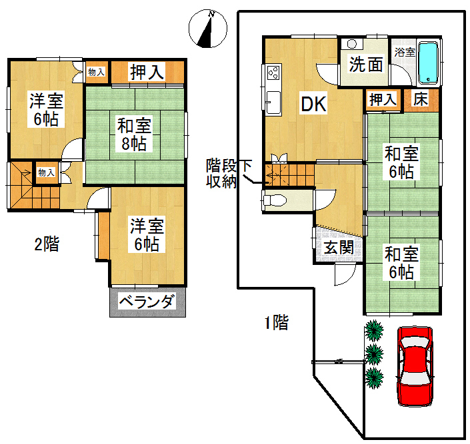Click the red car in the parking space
415,366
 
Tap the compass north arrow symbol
208,29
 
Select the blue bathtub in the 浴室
429,63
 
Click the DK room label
313,104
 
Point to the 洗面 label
366,64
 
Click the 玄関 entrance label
339,248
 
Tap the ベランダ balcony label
147,301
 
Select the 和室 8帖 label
134,134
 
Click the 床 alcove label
421,100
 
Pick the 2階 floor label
47,244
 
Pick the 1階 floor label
277,322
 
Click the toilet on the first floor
274,200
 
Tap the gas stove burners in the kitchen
274,73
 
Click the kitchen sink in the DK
273,103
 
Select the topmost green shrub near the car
374,330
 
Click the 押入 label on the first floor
383,99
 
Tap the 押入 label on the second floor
147,72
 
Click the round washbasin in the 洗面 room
352,44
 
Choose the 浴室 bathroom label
405,53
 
